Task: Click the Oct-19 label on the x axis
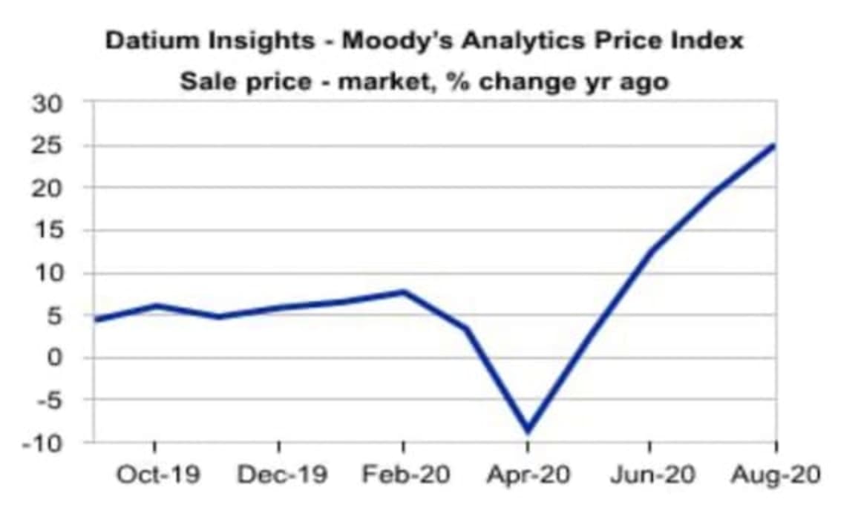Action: [157, 475]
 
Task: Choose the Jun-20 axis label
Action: [652, 475]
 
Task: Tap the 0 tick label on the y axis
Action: [59, 357]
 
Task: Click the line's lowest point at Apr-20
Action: [528, 430]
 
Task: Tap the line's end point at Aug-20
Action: [775, 145]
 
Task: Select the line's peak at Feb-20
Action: [404, 291]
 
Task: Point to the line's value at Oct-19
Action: [155, 305]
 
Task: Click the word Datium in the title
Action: [147, 41]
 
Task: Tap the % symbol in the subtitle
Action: [458, 80]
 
